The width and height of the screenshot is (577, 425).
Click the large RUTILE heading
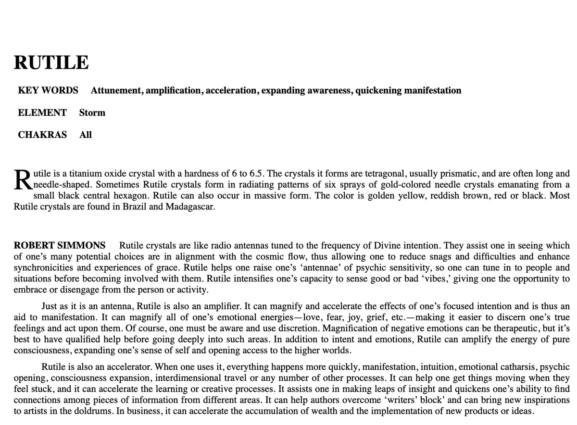coord(51,63)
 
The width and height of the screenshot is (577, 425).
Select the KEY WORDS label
coord(48,90)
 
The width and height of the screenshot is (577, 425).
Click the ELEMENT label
coord(42,113)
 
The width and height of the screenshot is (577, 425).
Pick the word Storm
coord(92,113)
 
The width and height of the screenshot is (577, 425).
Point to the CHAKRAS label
coord(42,135)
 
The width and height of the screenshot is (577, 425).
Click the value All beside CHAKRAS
coord(86,135)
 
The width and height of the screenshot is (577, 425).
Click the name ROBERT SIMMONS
coord(60,245)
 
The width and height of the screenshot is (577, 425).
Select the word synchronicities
coord(42,268)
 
